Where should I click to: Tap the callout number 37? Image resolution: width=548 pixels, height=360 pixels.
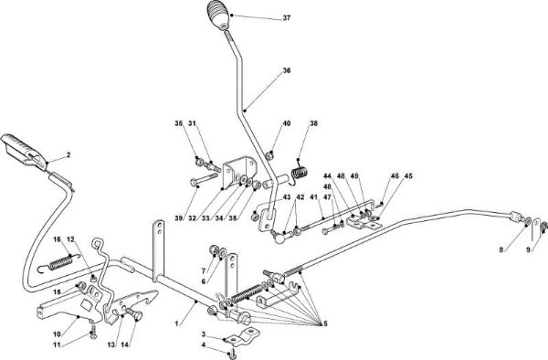pos(287,18)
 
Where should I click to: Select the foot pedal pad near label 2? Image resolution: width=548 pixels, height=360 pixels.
pos(23,152)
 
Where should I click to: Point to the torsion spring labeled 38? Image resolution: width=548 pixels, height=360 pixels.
pos(300,174)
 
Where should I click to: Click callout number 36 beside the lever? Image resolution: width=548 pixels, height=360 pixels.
pos(287,70)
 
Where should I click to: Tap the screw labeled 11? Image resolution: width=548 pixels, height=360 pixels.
pos(93,332)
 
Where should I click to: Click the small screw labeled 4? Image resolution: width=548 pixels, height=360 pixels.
pos(233,355)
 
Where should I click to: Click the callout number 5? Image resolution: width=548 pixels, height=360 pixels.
pos(325,324)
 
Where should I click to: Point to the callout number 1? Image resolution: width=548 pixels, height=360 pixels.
pos(177,324)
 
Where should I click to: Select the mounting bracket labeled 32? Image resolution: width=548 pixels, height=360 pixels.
pos(238,172)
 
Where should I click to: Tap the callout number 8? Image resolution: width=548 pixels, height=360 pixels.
pos(501,249)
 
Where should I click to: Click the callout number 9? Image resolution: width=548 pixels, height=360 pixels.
pos(529,249)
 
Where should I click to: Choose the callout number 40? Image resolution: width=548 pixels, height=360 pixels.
pos(287,123)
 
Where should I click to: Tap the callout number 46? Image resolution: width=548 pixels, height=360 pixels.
pos(395,176)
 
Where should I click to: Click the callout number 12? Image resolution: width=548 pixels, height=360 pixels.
pos(71,239)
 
